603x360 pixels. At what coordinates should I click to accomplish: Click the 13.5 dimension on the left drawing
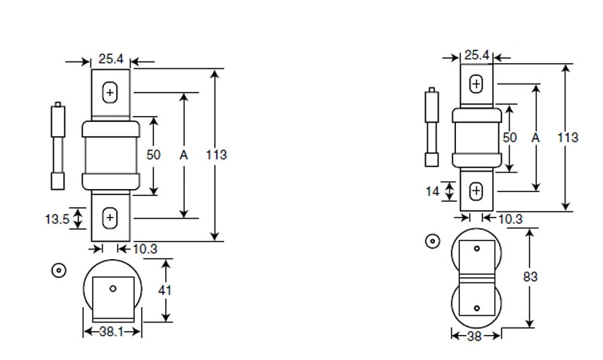(57, 218)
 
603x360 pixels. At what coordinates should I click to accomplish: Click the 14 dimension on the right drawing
(432, 191)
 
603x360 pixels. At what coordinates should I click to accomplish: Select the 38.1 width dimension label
(111, 331)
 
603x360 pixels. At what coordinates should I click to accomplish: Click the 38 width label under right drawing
(475, 337)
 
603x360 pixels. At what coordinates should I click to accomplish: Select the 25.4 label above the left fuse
(111, 57)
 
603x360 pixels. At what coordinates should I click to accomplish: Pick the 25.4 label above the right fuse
(476, 55)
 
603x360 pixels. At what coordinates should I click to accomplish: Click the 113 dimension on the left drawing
(216, 155)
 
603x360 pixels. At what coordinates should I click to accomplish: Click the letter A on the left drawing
(183, 155)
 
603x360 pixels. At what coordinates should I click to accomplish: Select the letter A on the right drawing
(535, 138)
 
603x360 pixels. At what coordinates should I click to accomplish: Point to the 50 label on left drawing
(154, 154)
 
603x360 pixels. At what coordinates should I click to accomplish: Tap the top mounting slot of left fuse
(111, 93)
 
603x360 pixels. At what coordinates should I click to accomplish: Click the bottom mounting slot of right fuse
(476, 191)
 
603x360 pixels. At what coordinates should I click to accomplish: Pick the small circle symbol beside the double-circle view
(432, 242)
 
